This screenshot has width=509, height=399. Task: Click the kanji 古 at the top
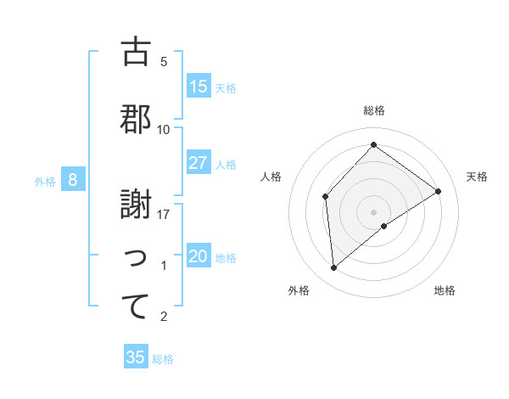click(136, 52)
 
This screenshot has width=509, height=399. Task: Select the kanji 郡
click(136, 118)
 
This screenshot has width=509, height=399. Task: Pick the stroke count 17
click(164, 215)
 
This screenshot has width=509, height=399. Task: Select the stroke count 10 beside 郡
click(164, 130)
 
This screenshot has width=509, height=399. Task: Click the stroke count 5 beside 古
click(164, 62)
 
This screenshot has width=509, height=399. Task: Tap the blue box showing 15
click(199, 87)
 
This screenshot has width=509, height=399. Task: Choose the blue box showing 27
click(199, 163)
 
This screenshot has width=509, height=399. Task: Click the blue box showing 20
click(199, 257)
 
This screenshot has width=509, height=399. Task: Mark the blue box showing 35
click(136, 357)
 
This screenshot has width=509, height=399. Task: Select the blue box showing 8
click(73, 180)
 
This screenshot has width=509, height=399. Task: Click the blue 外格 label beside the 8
click(45, 181)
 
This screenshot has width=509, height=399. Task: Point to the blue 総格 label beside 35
click(163, 359)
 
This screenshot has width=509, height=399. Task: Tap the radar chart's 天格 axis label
click(477, 177)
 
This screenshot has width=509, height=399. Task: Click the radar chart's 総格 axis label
click(374, 110)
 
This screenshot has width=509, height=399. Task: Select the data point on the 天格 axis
click(439, 191)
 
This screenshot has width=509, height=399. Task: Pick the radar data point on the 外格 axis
click(334, 268)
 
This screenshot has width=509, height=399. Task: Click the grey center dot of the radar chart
click(374, 211)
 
